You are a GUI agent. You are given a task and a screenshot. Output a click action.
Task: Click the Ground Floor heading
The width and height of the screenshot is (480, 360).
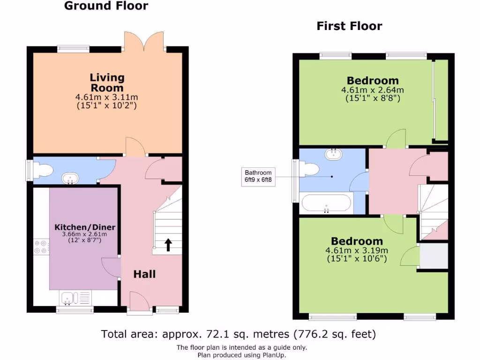coord(106,6)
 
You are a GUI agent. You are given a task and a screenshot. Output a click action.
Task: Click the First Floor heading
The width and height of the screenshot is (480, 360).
coord(349,26)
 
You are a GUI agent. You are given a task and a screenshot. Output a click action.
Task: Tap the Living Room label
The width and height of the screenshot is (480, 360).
coord(107,82)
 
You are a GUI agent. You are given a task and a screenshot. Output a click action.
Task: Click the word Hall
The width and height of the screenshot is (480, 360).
coord(144,274)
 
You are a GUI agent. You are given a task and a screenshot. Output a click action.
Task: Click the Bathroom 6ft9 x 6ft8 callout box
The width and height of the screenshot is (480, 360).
coord(258,177)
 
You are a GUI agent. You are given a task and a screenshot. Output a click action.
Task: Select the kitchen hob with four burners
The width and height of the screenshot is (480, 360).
coord(41,247)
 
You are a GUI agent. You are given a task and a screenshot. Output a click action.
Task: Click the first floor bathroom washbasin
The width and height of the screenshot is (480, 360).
coord(334,154)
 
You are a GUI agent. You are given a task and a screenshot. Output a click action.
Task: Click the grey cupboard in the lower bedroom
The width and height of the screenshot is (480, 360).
coord(434,256)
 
